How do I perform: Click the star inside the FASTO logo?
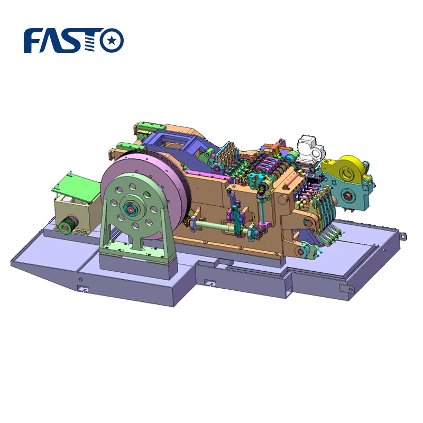tap(112, 40)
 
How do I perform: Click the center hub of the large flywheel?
tap(130, 208)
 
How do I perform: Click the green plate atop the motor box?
tap(75, 185)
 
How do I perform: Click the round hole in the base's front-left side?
tap(80, 279)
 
